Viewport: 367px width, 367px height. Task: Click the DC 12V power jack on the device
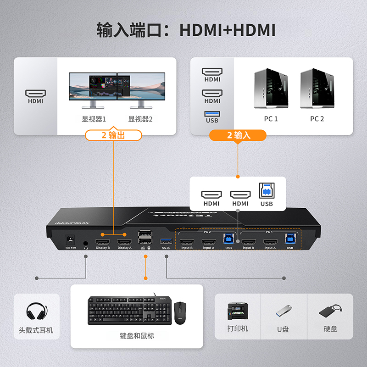70,239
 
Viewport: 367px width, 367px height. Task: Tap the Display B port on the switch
102,242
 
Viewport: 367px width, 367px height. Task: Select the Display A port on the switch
124,242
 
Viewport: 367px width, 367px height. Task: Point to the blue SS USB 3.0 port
166,241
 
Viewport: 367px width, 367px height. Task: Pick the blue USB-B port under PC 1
290,239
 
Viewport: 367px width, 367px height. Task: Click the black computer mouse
180,313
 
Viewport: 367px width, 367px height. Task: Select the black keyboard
127,310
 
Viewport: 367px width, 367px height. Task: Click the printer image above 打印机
238,311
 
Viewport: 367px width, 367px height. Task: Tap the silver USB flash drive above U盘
284,311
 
